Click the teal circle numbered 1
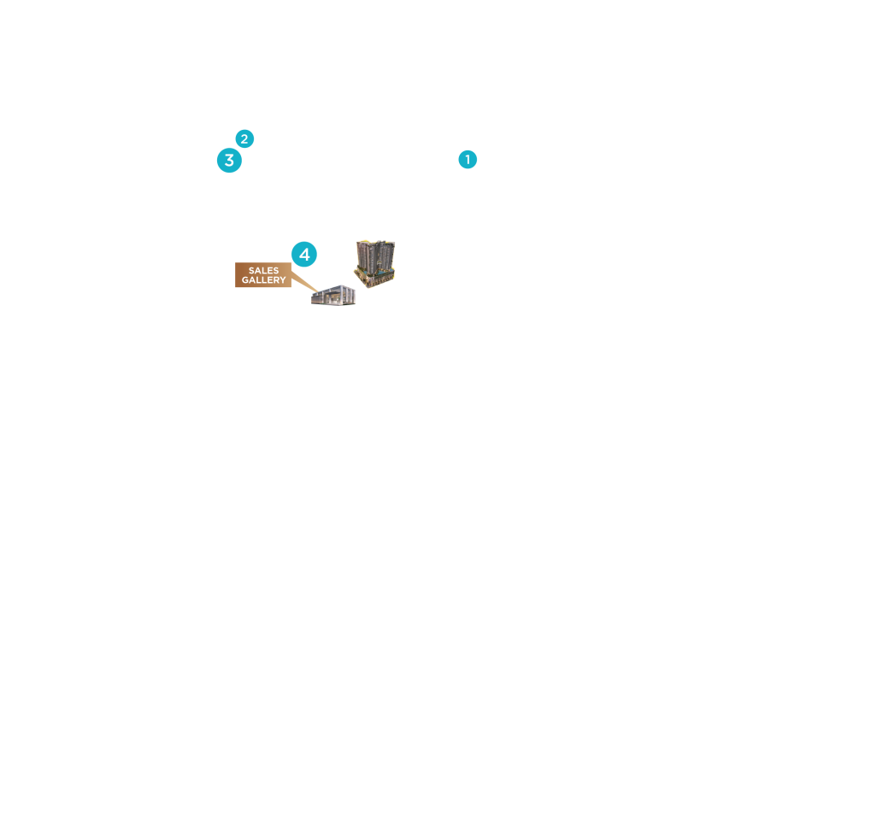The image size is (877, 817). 468,159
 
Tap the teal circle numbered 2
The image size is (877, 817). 244,138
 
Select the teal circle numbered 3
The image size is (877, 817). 229,161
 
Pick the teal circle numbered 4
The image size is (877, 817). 304,255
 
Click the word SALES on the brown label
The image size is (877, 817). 263,271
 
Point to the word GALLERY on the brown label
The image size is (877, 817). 263,280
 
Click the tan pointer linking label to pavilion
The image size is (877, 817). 305,282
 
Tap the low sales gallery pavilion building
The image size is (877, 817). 333,295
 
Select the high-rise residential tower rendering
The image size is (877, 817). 374,263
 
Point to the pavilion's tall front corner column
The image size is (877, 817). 343,295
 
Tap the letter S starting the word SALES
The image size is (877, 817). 251,271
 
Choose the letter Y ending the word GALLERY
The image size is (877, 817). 283,280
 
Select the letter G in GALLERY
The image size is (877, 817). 245,280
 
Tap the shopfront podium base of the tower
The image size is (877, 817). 375,279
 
